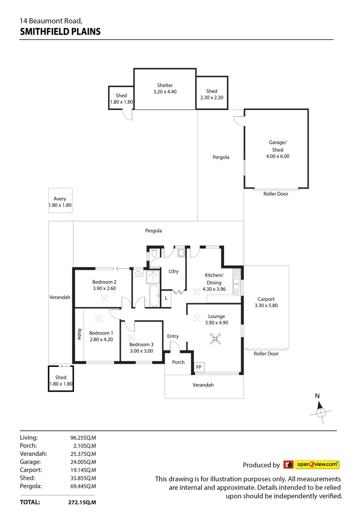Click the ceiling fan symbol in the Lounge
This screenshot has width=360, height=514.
215,339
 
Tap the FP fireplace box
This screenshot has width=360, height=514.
198,367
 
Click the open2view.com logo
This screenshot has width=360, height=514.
311,465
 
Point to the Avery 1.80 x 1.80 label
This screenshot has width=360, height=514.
59,202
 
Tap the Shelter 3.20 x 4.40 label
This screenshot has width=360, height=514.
165,89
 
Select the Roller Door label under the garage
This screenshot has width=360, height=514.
275,194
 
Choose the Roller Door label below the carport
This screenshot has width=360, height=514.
266,354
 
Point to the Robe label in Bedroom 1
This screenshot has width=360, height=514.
79,335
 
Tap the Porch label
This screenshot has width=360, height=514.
178,362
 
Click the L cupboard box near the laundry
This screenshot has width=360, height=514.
166,298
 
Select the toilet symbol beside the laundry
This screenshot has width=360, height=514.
154,254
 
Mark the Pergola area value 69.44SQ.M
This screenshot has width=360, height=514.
83,486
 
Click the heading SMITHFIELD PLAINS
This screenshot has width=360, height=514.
60,32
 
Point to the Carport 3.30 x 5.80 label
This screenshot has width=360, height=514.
266,303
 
